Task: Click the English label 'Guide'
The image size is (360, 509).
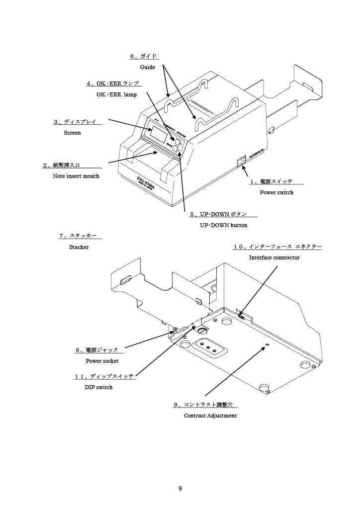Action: point(148,67)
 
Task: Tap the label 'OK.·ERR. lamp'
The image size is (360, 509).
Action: point(116,94)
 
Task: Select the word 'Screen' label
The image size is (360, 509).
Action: point(72,133)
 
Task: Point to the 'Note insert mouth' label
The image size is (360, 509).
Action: point(76,176)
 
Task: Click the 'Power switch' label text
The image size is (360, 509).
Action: point(277,192)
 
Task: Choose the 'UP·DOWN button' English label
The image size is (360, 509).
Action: point(224,226)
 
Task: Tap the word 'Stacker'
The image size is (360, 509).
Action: point(79,247)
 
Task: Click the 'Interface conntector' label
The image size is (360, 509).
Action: point(274,257)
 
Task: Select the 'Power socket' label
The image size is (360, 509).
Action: point(102,361)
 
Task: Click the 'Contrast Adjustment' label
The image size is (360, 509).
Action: point(210,416)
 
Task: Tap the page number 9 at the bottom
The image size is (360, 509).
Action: point(180,489)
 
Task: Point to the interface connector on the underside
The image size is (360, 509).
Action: point(241,315)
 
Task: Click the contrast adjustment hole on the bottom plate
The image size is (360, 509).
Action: point(267,344)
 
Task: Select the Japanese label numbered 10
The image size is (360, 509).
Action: point(278,247)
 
